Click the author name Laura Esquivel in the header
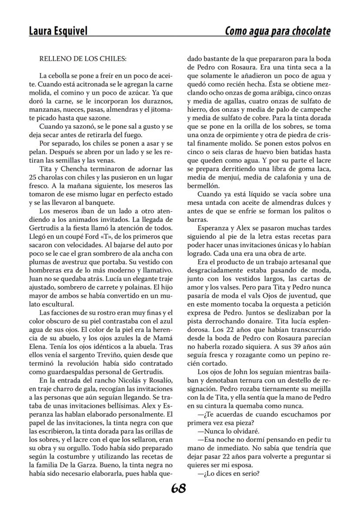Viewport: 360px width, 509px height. click(58, 31)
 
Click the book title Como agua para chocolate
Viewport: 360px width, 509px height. click(277, 31)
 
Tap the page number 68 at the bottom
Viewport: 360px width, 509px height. click(179, 489)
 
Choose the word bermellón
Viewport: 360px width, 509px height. click(204, 184)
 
